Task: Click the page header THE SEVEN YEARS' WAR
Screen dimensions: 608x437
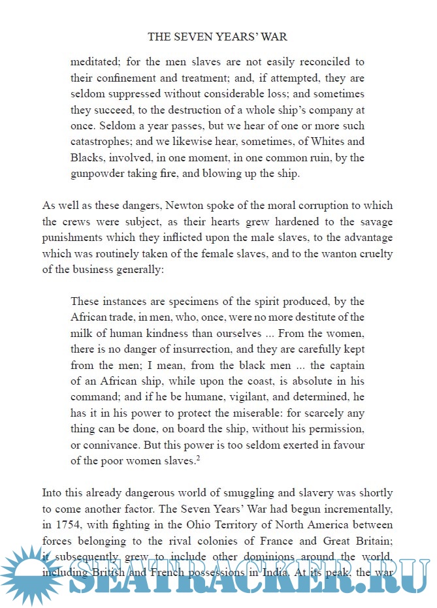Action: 218,37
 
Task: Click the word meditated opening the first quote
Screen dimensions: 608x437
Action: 97,63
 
